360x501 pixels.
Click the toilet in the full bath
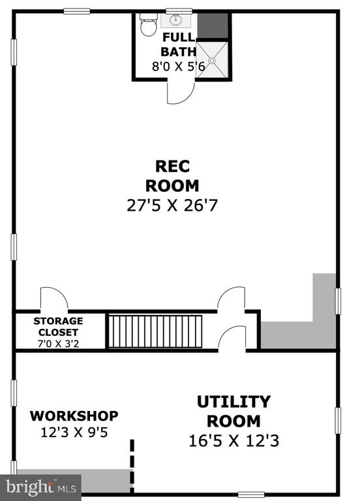point(148,24)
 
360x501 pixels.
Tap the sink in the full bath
point(175,20)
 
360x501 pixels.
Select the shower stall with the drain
point(212,60)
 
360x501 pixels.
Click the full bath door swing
point(181,92)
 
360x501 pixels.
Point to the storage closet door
point(54,299)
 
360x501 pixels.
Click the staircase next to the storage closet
point(155,331)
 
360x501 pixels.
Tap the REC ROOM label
point(172,176)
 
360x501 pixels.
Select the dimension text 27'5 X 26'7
point(172,205)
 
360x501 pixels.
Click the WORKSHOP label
point(74,416)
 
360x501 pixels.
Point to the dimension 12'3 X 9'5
point(74,433)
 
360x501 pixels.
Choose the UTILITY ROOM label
point(234,412)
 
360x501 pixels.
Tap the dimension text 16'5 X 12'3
point(234,441)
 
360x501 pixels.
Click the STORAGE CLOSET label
point(58,326)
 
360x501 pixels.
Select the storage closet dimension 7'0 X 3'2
point(58,344)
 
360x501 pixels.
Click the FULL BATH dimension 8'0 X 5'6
point(179,67)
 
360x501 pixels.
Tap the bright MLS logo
point(41,487)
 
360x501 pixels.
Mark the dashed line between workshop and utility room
point(132,466)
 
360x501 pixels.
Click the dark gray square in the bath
point(213,26)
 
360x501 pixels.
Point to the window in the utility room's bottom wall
point(251,494)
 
